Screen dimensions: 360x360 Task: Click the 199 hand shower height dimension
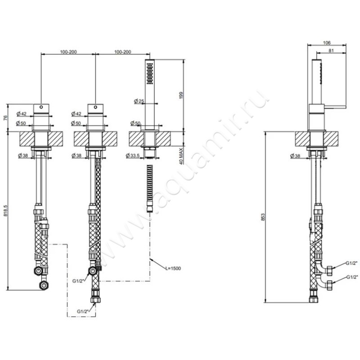(182, 95)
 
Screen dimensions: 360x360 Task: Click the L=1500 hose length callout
(172, 268)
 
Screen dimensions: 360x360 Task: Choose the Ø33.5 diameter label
(138, 156)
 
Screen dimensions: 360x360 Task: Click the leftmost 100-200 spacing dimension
(68, 52)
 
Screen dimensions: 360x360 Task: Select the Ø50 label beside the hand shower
(135, 123)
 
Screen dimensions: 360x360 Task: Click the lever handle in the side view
(333, 107)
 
